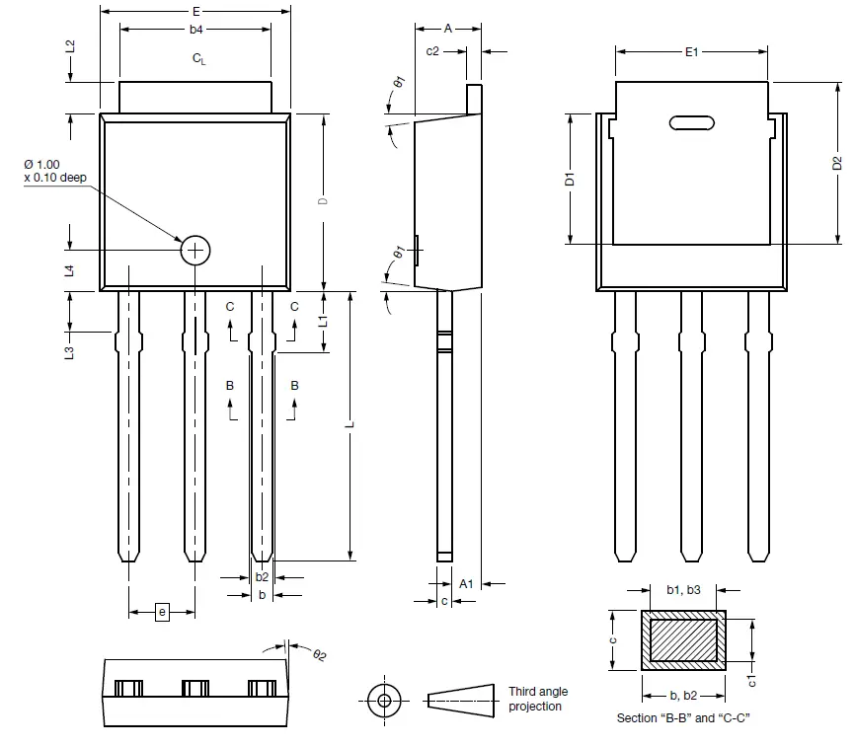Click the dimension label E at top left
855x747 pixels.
click(196, 11)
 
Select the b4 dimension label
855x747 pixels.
click(196, 31)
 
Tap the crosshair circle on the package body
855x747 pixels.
click(195, 251)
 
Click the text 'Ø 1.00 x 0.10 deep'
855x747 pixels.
click(55, 170)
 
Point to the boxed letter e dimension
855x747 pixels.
click(163, 613)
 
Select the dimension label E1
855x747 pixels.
click(692, 51)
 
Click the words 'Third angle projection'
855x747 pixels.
click(537, 699)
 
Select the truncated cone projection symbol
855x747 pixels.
click(460, 700)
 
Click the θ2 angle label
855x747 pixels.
click(319, 654)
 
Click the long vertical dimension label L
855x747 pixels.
click(350, 425)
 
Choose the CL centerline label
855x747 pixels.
click(198, 60)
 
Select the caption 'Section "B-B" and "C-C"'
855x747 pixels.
click(682, 717)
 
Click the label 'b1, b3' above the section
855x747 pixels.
click(682, 589)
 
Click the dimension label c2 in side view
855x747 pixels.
click(431, 51)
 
